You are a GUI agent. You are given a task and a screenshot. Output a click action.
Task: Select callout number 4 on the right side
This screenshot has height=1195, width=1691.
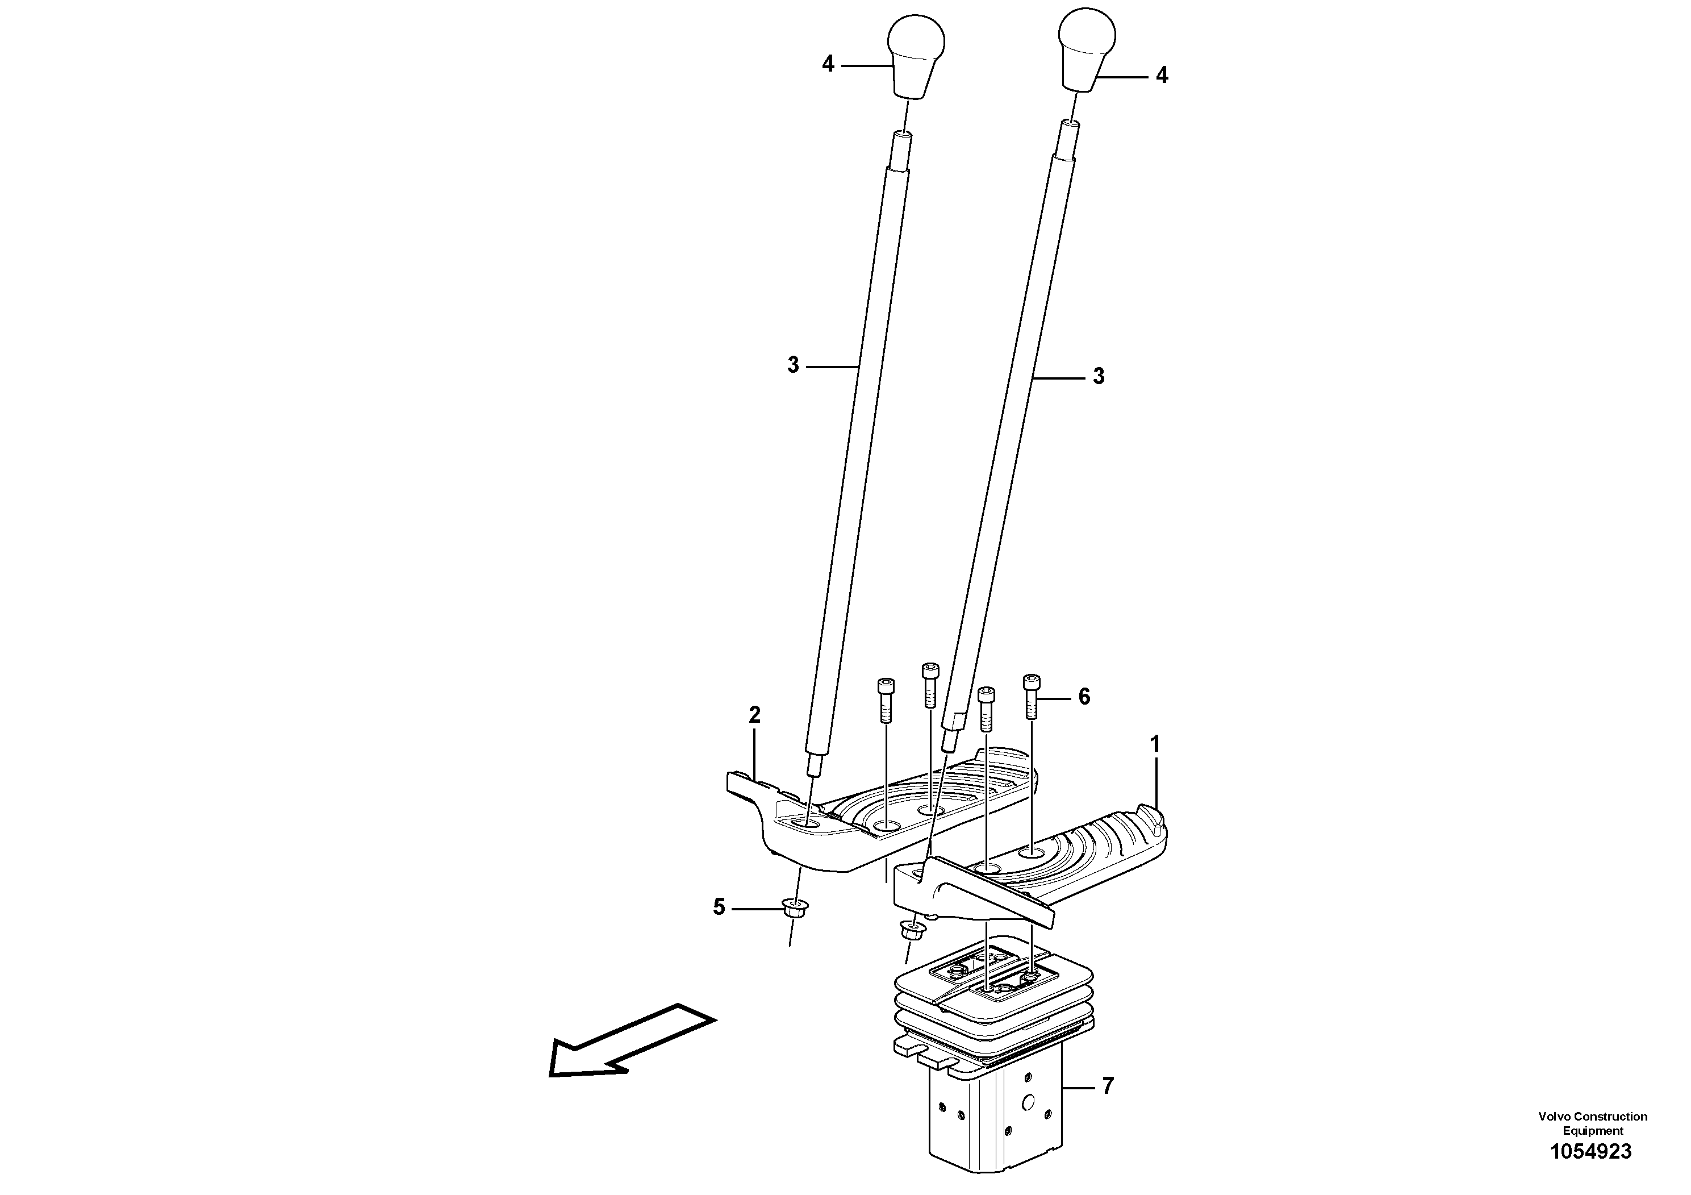[x=1162, y=75]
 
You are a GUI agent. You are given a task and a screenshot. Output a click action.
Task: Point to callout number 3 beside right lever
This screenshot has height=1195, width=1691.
[x=1098, y=377]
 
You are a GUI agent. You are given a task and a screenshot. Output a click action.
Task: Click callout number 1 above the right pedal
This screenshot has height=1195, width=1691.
[x=1155, y=744]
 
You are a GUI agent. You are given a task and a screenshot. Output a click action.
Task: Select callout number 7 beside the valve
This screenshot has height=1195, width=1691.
[x=1107, y=1086]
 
